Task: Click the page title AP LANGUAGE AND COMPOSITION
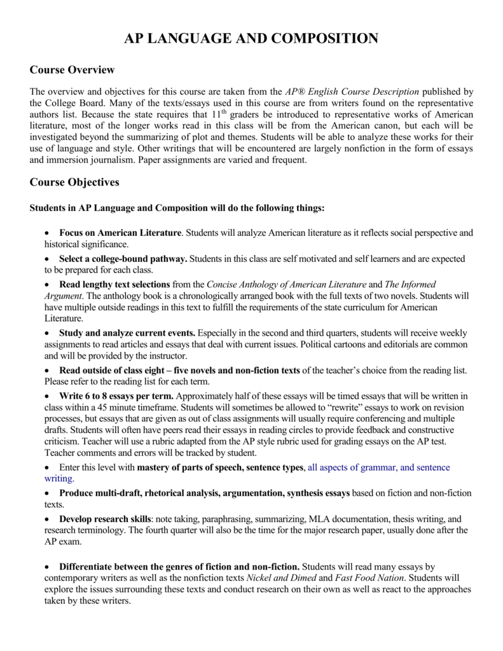tap(251, 39)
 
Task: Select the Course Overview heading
tap(72, 69)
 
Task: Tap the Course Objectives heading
tap(74, 182)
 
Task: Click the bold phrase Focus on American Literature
tap(120, 233)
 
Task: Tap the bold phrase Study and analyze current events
tap(127, 332)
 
